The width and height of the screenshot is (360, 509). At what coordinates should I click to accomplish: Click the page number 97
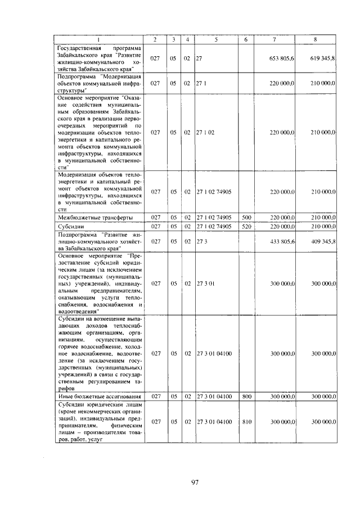(x=181, y=482)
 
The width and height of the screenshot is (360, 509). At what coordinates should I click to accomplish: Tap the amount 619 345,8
(x=322, y=58)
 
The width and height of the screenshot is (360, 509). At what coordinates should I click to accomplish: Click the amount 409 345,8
(x=322, y=241)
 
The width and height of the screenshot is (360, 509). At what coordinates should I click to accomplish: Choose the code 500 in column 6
(x=246, y=217)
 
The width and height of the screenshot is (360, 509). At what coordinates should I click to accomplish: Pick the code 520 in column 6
(x=246, y=226)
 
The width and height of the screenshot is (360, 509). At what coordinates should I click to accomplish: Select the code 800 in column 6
(x=246, y=397)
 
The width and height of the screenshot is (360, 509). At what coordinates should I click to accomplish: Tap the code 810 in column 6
(x=246, y=421)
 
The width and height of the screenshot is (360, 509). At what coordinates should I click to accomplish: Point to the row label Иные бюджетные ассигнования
(x=99, y=397)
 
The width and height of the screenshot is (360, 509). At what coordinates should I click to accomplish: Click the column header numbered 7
(x=274, y=39)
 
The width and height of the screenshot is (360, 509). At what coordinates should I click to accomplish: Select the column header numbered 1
(x=100, y=39)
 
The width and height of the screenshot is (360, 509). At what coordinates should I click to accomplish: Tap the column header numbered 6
(x=246, y=39)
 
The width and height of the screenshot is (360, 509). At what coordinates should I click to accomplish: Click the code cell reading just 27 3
(x=200, y=241)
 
